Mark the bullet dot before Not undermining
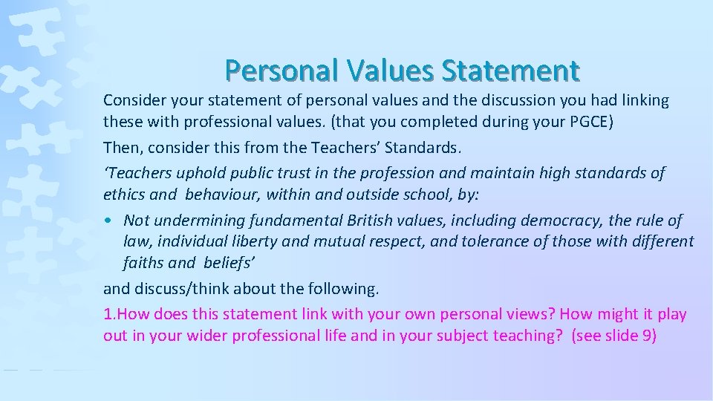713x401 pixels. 109,221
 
